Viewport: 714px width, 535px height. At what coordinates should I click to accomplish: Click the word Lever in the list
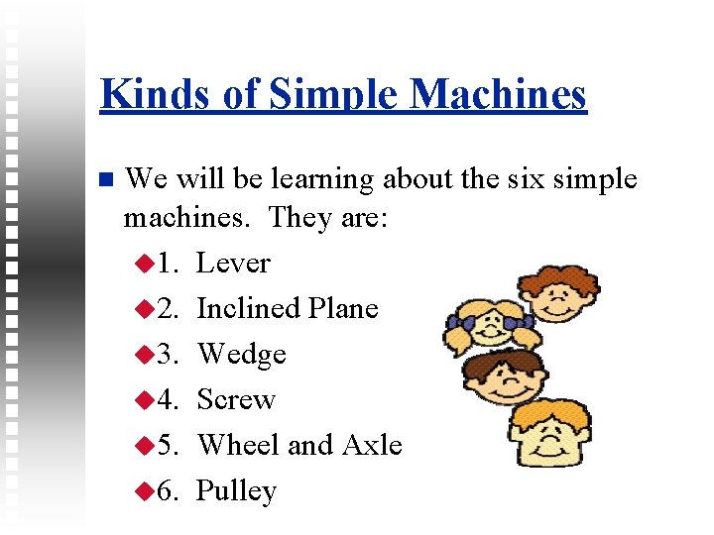(x=233, y=264)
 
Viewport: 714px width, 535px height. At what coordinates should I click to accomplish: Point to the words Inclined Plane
(x=288, y=309)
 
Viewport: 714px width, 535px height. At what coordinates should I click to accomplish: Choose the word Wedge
(x=242, y=355)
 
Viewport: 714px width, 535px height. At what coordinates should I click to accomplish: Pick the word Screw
(x=236, y=400)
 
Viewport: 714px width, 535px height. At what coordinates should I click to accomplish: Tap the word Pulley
(x=236, y=491)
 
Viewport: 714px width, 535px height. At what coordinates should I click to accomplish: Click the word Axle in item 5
(x=372, y=446)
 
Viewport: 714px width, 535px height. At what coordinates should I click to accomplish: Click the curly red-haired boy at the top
(x=559, y=292)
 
